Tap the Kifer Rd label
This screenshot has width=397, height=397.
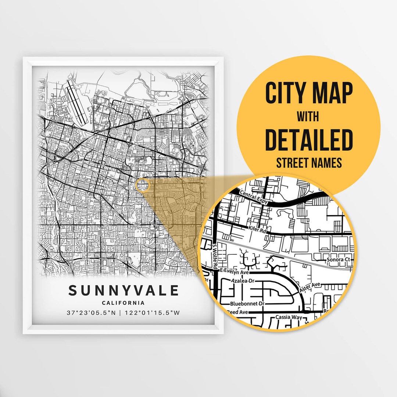pos(256,229)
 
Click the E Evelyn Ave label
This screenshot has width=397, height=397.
pos(234,272)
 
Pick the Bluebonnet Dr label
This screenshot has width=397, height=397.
pos(247,304)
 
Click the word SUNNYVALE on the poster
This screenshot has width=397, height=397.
pos(123,290)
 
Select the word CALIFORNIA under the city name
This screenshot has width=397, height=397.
pos(123,303)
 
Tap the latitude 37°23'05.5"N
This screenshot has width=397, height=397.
pos(93,313)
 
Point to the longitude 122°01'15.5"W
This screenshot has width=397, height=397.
pos(153,313)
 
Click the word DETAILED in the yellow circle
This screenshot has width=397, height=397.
pos(308,140)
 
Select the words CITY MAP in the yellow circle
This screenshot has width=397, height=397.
pos(308,93)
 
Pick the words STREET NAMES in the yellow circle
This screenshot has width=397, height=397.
pos(308,162)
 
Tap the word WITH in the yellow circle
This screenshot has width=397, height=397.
pos(308,117)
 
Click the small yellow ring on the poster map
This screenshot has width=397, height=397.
pos(143,185)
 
